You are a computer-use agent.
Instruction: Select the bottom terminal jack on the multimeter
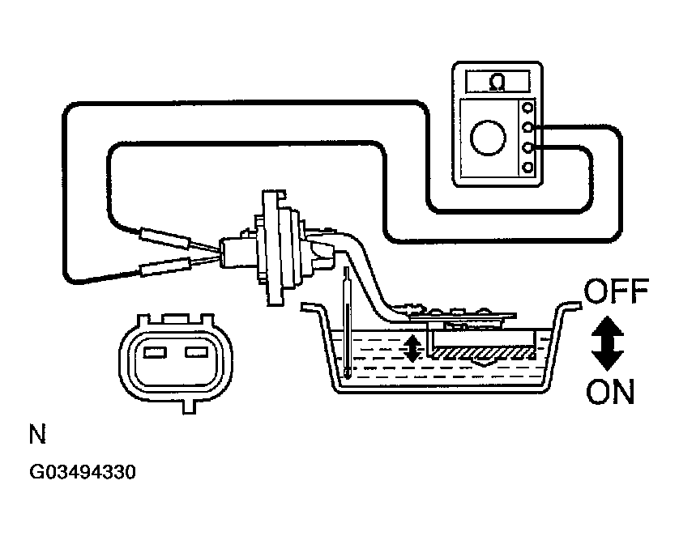(528, 168)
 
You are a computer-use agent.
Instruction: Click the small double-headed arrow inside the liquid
(412, 347)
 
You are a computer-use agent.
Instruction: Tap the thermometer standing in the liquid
(347, 324)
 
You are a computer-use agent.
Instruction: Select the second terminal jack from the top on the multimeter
(528, 127)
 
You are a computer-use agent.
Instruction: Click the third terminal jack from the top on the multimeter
(528, 147)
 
